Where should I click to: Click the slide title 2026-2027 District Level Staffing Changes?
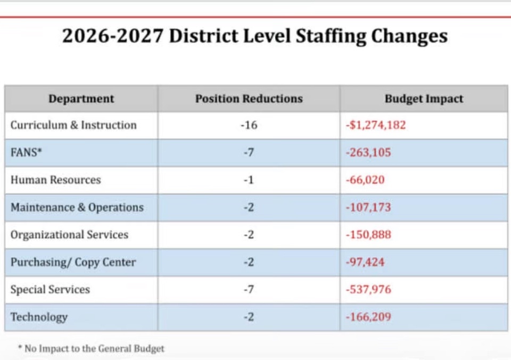click(255, 36)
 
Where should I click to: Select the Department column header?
click(81, 99)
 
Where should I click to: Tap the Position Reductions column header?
click(249, 99)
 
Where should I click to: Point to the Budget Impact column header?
click(424, 99)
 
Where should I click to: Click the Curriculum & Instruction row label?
click(73, 125)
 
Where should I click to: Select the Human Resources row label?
click(55, 180)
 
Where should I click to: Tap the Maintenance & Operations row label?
click(77, 207)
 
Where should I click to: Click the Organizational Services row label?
click(69, 235)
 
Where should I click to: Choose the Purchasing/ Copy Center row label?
click(73, 262)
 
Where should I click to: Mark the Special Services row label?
click(50, 290)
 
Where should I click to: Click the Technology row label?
click(39, 317)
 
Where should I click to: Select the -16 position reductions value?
click(249, 125)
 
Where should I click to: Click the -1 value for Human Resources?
click(249, 180)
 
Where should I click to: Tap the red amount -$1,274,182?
click(376, 125)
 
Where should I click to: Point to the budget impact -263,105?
click(368, 152)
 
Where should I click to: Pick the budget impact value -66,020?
click(365, 180)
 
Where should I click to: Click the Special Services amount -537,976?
click(368, 290)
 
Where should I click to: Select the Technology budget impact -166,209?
click(368, 317)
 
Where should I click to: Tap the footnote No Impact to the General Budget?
click(91, 349)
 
